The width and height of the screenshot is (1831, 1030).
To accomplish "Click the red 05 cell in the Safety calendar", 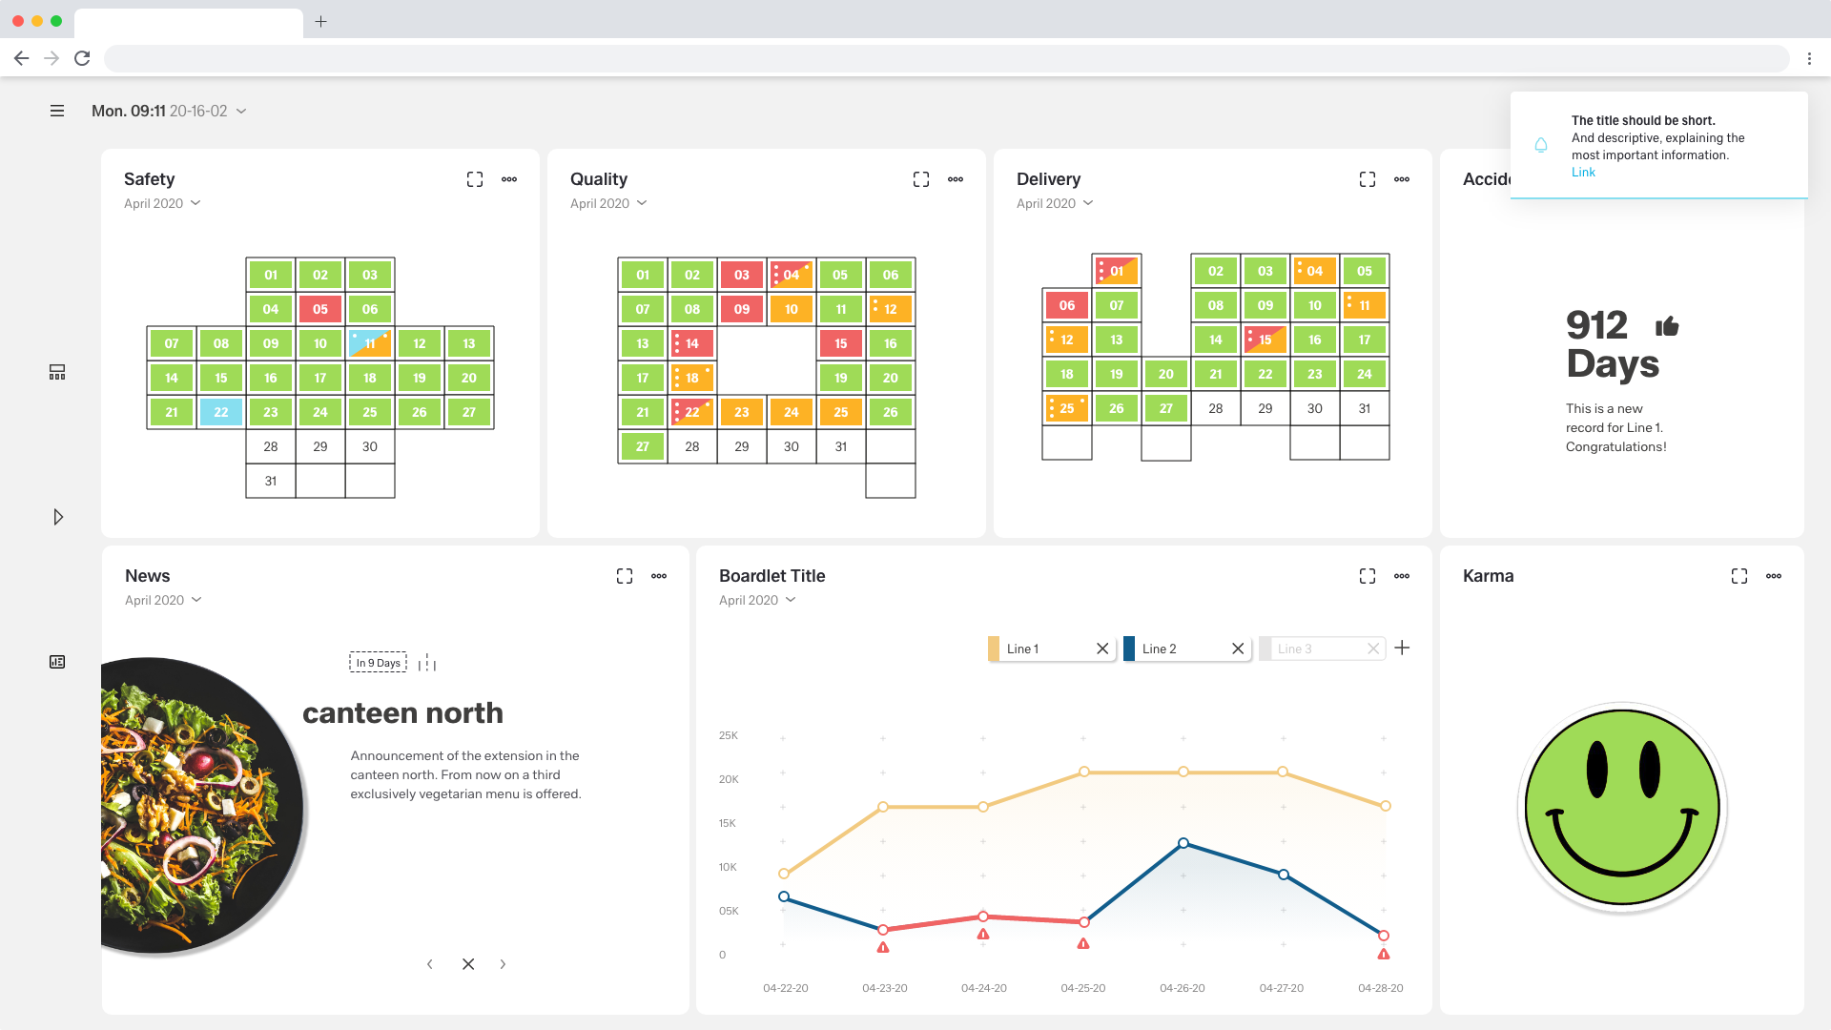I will click(x=320, y=309).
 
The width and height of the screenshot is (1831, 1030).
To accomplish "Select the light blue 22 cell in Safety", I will click(x=221, y=412).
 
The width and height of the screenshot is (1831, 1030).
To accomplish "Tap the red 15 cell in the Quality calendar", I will click(x=840, y=343).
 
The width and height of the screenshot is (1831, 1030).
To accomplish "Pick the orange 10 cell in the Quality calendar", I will click(x=791, y=309).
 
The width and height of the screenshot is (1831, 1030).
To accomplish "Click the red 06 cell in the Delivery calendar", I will click(x=1066, y=305).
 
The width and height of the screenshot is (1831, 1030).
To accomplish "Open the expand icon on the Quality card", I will click(x=920, y=179).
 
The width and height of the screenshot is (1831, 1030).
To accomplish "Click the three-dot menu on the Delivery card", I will click(x=1401, y=179).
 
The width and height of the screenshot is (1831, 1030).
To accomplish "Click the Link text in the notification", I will click(x=1583, y=173).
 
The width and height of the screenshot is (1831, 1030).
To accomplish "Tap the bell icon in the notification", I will click(x=1541, y=145).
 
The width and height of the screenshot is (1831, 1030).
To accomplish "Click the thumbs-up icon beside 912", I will click(x=1667, y=327).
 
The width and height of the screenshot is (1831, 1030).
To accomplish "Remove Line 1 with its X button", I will click(x=1102, y=649).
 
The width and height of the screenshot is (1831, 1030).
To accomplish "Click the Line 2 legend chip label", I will click(x=1159, y=649).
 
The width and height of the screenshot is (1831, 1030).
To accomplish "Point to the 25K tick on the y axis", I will click(x=729, y=735).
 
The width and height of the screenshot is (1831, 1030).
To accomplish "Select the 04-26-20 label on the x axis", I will click(x=1182, y=988).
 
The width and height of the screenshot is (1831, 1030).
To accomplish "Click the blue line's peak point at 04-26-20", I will click(x=1183, y=843).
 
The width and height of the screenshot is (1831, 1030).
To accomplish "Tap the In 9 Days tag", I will click(x=378, y=663).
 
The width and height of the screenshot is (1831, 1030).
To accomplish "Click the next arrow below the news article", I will click(x=503, y=964).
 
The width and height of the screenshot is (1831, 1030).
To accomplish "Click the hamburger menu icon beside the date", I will click(x=57, y=112).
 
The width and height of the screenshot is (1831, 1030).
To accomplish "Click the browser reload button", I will click(x=83, y=58).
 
